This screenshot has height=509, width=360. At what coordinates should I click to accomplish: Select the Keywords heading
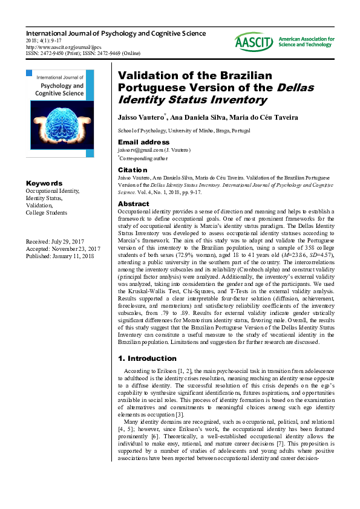coord(44,183)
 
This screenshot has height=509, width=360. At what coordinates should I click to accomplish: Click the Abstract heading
coord(133,204)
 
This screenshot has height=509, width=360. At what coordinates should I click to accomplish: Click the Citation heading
coord(133,170)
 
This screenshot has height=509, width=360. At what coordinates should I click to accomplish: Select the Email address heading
coord(143,142)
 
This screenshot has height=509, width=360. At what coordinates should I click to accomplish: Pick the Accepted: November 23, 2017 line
coord(63,248)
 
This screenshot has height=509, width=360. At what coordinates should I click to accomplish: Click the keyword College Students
coord(47,212)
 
